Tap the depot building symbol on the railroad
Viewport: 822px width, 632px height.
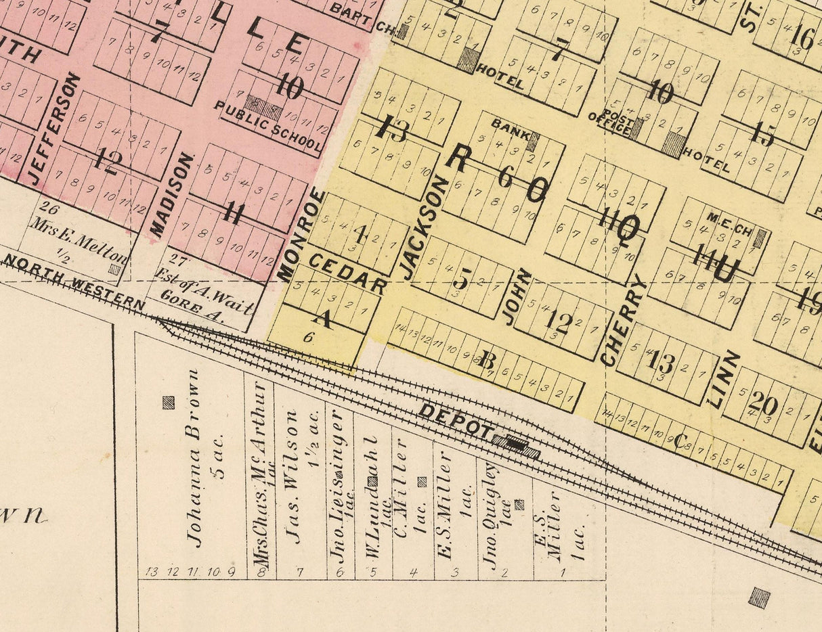[x=516, y=445]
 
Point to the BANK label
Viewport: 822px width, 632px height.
[x=507, y=127]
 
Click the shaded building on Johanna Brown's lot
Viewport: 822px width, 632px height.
[x=168, y=403]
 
